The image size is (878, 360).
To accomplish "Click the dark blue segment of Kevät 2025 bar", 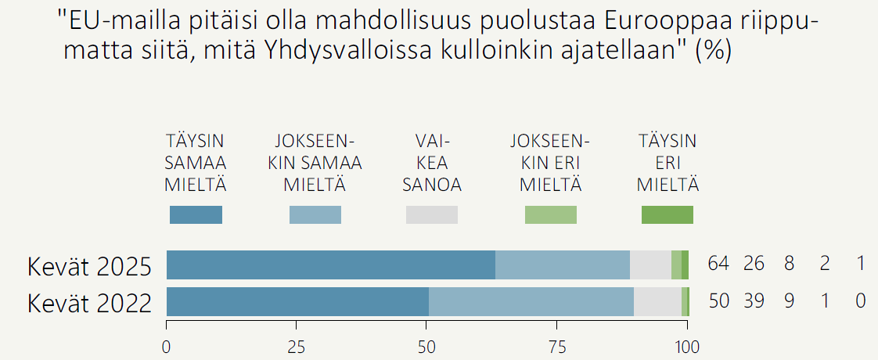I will (330, 265).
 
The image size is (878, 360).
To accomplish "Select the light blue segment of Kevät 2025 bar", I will (563, 265).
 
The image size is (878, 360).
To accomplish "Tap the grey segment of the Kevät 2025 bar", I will (650, 265).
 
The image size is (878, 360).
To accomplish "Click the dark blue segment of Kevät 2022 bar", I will (297, 302).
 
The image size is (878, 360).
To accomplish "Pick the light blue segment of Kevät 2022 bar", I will (531, 302).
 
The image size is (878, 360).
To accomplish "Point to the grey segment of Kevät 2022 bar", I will (657, 302).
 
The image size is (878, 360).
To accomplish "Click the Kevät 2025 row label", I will (89, 267).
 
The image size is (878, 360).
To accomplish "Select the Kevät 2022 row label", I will (89, 303).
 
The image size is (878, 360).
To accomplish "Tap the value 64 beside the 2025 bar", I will (718, 264).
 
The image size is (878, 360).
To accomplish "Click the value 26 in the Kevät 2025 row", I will (754, 264).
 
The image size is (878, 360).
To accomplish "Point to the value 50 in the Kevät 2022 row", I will (718, 301).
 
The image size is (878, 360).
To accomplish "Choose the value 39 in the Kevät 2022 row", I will (754, 301).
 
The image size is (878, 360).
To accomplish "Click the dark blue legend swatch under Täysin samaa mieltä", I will (196, 214).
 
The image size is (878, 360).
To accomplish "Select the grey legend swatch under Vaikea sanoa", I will (432, 214).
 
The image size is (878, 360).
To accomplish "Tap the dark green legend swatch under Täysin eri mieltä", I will (667, 214).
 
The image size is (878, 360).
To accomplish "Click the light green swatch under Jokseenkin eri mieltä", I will (550, 214).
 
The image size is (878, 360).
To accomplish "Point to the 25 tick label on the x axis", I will (296, 347).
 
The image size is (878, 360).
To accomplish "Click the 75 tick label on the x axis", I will (556, 347).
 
